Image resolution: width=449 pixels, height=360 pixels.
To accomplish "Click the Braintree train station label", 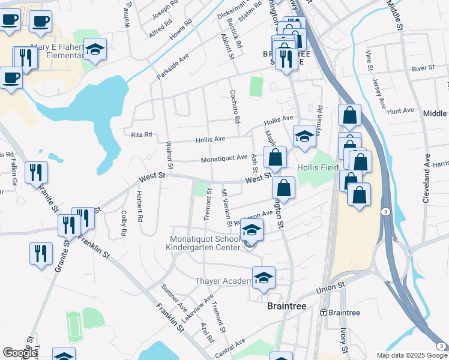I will pos(343,313).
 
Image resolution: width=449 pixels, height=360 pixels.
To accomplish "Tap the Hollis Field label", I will pos(318,167).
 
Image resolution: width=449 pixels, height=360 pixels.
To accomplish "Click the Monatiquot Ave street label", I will pos(224,158).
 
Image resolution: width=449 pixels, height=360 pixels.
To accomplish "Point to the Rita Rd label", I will pos(142,135).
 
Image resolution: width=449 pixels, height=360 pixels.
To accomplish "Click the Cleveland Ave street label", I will pos(427,178).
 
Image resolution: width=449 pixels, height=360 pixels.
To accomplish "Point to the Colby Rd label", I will pos(123,222).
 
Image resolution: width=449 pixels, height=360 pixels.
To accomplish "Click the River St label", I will pos(423,68).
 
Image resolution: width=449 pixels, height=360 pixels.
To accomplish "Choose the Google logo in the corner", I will pos(20,353).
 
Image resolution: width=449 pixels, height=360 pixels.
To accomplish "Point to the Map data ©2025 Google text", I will pos(411,355).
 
